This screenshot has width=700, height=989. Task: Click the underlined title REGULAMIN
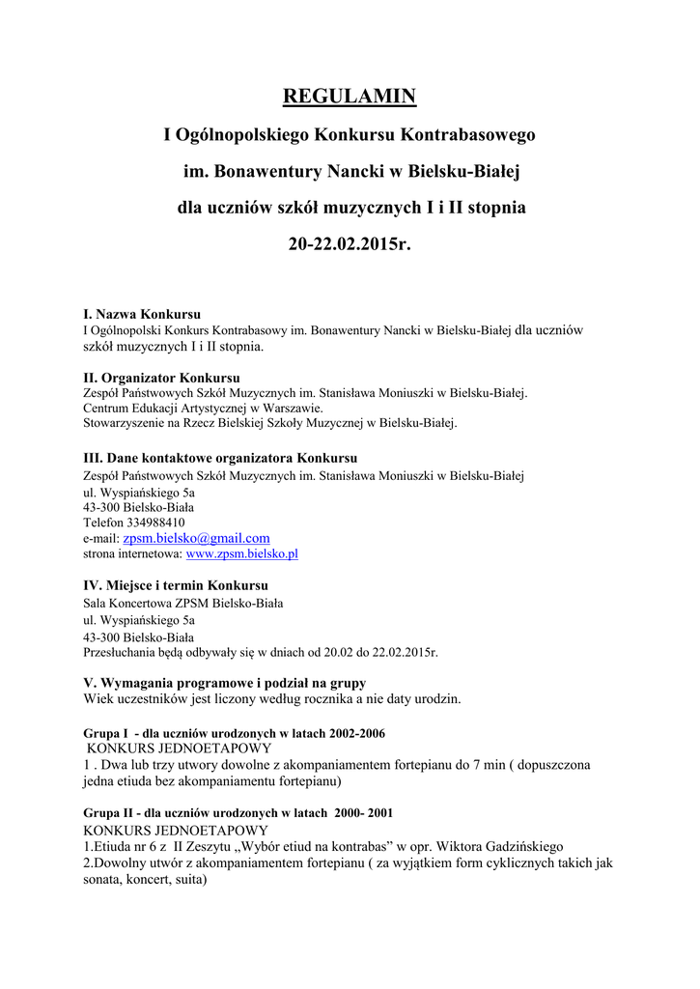click(x=349, y=97)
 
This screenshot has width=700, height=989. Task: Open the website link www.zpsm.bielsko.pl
click(x=241, y=554)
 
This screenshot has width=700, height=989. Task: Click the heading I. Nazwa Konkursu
click(x=142, y=314)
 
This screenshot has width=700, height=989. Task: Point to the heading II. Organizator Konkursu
click(x=161, y=378)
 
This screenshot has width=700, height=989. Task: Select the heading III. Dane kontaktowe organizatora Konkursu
click(x=220, y=458)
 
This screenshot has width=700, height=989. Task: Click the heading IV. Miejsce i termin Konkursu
click(x=176, y=585)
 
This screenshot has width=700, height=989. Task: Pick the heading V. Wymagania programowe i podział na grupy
click(x=224, y=683)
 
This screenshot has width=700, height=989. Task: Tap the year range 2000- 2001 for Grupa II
click(x=360, y=813)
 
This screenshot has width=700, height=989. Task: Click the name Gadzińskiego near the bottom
click(x=521, y=847)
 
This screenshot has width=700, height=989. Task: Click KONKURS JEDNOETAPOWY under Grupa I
click(x=180, y=748)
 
